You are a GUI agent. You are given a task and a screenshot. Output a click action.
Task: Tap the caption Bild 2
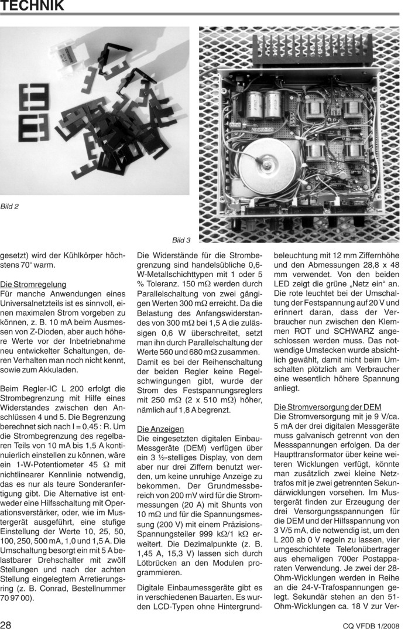point(10,206)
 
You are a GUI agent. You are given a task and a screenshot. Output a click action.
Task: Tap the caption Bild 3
point(181,240)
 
